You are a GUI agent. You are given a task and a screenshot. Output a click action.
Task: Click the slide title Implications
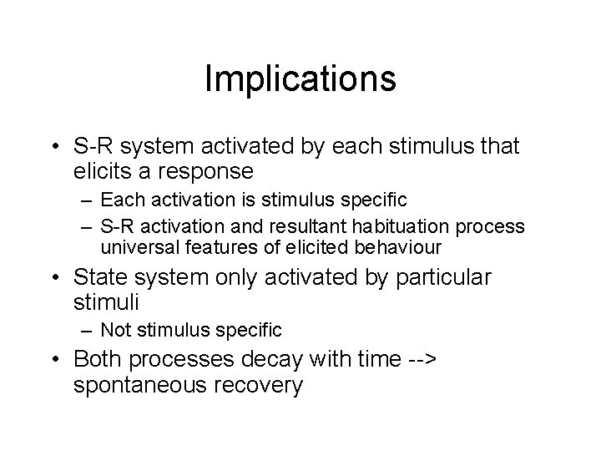coord(300,79)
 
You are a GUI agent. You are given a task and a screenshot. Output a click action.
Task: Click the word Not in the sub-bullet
coord(116,332)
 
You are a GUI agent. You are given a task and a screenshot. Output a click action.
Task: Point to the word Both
coord(97,360)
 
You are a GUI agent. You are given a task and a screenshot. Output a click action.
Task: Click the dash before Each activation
coord(85,200)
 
